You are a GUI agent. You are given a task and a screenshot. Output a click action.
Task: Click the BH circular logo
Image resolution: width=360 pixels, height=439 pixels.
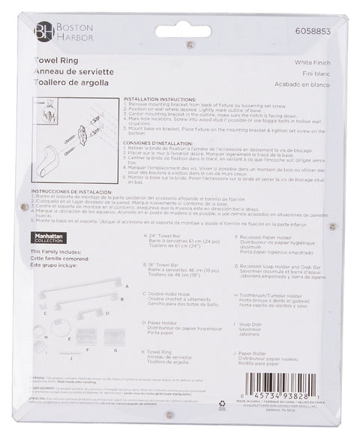pyautogui.click(x=40, y=31)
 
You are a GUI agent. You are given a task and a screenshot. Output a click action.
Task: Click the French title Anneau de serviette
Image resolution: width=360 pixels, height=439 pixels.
pyautogui.click(x=63, y=73)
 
